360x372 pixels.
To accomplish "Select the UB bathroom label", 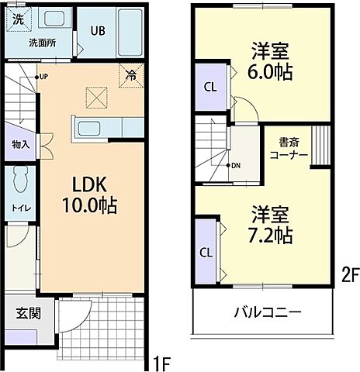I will coord(98,32).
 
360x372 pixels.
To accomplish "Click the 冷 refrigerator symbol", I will coord(131,76).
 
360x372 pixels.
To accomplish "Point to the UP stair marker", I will coord(43,77).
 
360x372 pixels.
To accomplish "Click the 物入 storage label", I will coord(20,144).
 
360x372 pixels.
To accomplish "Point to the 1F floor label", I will coord(161,361).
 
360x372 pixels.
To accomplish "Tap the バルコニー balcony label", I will coord(268,313).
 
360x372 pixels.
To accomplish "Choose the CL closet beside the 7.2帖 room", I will coord(206,253).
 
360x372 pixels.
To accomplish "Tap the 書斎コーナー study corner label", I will coord(288,149).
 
